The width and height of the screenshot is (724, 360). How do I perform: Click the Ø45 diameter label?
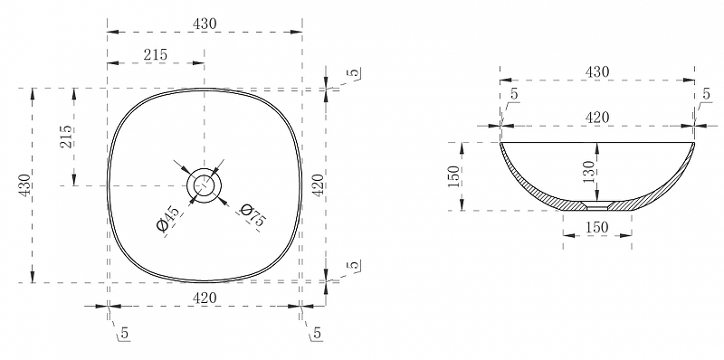[x=168, y=220]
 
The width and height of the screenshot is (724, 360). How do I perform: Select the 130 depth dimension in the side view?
[x=589, y=172]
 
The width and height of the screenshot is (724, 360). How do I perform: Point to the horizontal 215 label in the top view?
[x=155, y=55]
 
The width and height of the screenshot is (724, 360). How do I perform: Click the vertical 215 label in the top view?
[x=66, y=137]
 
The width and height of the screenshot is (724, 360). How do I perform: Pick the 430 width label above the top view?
[x=205, y=24]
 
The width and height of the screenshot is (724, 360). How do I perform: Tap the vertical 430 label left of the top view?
[x=24, y=185]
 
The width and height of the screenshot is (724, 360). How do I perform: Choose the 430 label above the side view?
[x=597, y=72]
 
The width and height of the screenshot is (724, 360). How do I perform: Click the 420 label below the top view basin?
[x=205, y=298]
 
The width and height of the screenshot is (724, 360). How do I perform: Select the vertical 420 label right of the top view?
[x=319, y=185]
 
